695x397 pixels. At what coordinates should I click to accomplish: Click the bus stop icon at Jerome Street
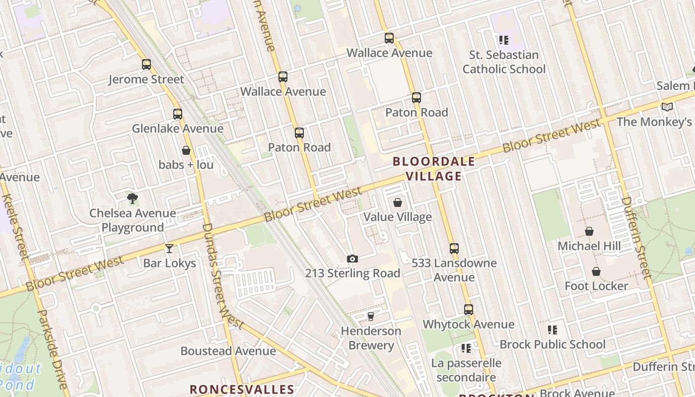tap(146, 65)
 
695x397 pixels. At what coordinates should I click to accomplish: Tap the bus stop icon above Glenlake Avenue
tap(178, 114)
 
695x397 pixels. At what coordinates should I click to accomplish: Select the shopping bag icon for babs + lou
tap(186, 150)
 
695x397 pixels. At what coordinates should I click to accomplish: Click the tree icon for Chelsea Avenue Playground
tap(132, 198)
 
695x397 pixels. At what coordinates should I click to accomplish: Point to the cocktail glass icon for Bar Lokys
tap(169, 249)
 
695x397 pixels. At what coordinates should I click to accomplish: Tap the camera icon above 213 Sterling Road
tap(352, 259)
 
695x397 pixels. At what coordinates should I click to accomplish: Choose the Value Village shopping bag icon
tap(397, 202)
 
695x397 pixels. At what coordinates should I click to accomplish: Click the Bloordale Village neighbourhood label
tap(434, 169)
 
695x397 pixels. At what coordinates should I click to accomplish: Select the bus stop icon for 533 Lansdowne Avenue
tap(454, 248)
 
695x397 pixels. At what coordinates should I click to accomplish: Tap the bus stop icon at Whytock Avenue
tap(469, 310)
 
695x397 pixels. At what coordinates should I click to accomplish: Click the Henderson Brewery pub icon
tap(370, 317)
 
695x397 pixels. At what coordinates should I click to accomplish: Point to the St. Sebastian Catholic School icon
tap(504, 40)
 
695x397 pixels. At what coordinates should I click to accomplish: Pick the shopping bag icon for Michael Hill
tap(589, 232)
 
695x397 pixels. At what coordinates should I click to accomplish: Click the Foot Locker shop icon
tap(596, 271)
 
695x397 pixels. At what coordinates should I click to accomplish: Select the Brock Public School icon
tap(552, 330)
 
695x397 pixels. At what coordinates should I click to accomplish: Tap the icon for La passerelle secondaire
tap(466, 348)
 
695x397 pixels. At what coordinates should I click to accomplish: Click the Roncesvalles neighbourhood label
tap(242, 389)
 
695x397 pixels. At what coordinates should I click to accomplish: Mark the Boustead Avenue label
tap(228, 351)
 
